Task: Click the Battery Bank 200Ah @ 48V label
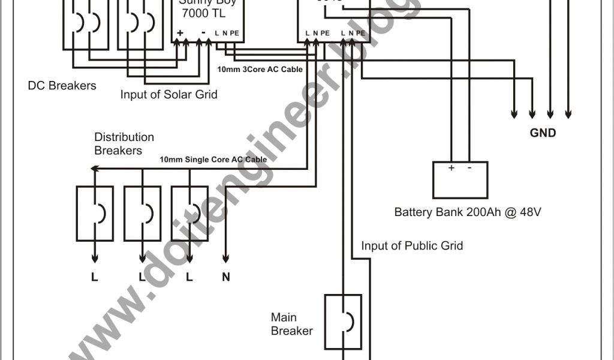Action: point(468,212)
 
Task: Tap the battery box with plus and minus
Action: point(460,179)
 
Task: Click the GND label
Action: point(543,133)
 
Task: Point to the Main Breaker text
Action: point(291,324)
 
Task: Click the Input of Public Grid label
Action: point(412,246)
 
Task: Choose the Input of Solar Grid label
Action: point(168,95)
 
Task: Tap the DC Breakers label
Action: point(62,86)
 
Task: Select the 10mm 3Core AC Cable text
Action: point(260,70)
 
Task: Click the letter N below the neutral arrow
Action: point(226,278)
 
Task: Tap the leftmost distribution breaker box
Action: point(95,213)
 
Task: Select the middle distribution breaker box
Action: point(142,213)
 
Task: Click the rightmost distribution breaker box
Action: point(189,213)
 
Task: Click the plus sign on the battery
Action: point(451,169)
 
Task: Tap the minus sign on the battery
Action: point(469,169)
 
